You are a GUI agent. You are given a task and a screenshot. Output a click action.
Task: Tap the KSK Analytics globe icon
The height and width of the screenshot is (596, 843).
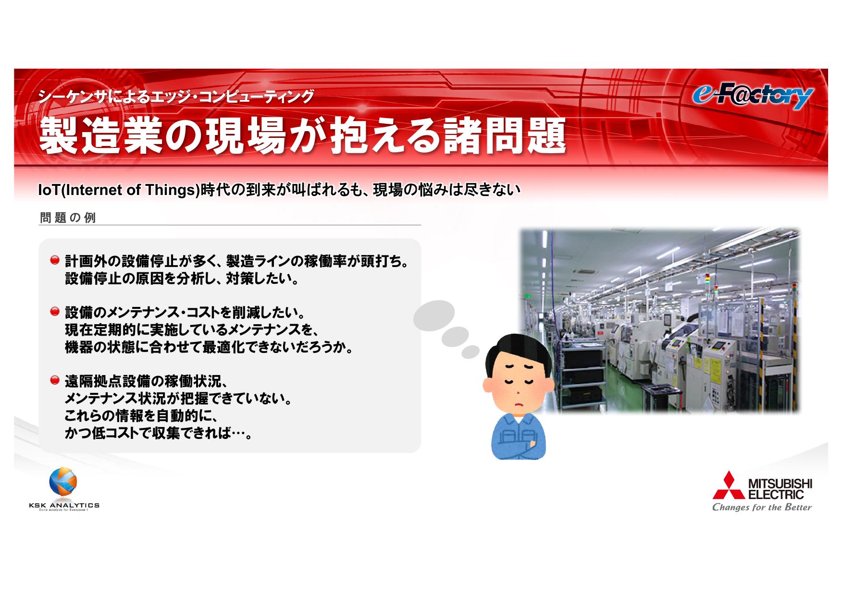coord(63,481)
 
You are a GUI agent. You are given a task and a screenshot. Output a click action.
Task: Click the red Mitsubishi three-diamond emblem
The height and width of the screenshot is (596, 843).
coord(729,485)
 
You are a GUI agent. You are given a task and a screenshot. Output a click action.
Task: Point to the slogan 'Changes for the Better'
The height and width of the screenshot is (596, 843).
coord(762,507)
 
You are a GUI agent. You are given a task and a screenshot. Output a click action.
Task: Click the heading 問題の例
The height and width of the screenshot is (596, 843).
coord(68,218)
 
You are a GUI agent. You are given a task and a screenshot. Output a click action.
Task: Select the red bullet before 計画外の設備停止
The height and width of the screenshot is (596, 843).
coord(55,260)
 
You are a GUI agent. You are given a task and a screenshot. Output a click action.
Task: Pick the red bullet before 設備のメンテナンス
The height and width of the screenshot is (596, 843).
coord(55,312)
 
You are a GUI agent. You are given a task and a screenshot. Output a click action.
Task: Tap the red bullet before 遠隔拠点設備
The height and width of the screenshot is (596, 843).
coord(55,380)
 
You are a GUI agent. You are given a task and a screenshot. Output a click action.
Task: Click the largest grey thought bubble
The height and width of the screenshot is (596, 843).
coord(434,316)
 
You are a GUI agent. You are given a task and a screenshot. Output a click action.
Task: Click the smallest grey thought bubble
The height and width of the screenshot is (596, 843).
coord(471,352)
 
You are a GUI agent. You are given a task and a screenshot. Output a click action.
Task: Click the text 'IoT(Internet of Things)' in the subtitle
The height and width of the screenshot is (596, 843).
coord(119,190)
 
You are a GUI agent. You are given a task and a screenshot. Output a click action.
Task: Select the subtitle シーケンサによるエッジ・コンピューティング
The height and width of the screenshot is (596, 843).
coord(176,97)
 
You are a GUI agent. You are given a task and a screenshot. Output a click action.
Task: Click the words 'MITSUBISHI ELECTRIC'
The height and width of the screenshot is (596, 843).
coord(780,489)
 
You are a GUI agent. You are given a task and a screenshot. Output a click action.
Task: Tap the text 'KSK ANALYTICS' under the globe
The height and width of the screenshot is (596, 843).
coord(64,505)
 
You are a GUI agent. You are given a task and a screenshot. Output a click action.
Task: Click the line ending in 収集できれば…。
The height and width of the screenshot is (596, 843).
coord(158,433)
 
